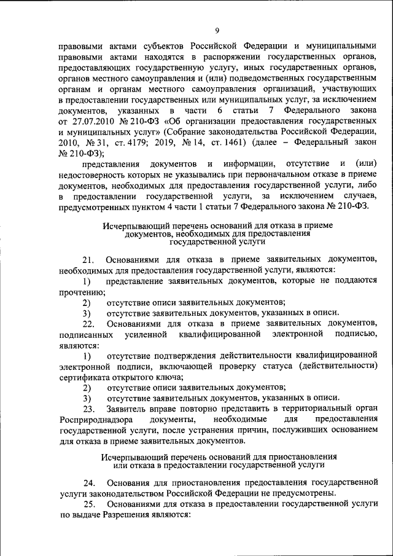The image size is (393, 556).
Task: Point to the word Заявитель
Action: pos(126,408)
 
